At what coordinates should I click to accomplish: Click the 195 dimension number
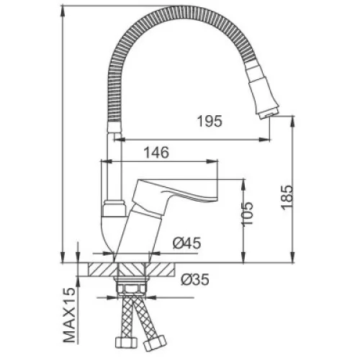click(x=210, y=121)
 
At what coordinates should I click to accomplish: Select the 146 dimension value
click(x=156, y=153)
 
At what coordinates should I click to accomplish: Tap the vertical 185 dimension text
click(x=287, y=197)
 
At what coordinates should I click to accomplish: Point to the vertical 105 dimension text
click(x=247, y=214)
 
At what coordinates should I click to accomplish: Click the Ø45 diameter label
click(x=187, y=243)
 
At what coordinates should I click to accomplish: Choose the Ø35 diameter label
click(x=195, y=279)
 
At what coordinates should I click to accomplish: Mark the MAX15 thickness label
click(x=69, y=315)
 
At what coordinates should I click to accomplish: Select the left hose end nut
click(x=126, y=343)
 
